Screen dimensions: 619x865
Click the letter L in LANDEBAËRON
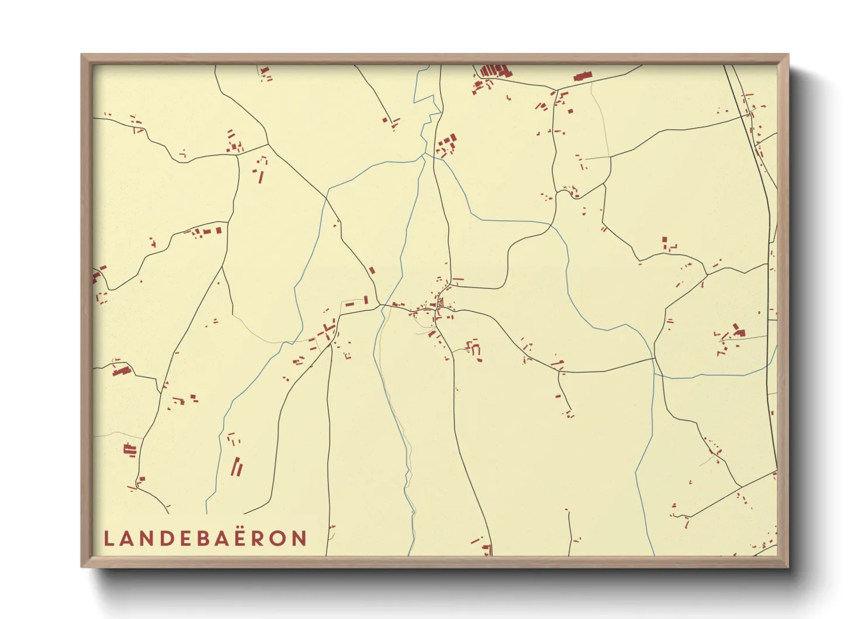point(108,538)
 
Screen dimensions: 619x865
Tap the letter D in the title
point(167,538)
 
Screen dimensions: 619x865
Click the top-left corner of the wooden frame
point(82,56)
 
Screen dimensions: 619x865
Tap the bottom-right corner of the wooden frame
point(787,566)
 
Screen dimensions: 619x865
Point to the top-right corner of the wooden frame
point(787,56)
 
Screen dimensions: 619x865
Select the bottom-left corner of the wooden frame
point(82,566)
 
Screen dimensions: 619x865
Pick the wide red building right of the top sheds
point(582,76)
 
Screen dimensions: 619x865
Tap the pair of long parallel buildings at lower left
point(237,466)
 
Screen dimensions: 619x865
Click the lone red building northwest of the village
point(371,271)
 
